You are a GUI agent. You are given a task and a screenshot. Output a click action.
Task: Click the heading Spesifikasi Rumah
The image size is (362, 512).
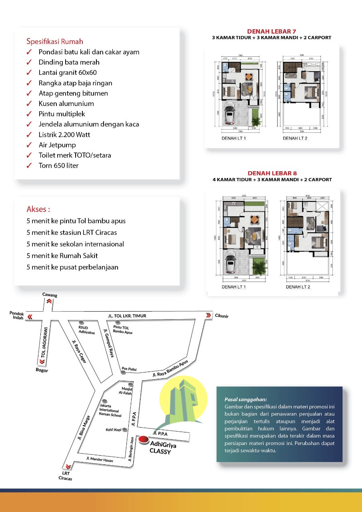point(55,41)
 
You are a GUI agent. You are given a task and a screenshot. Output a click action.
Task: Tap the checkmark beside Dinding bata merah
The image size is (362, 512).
point(29,62)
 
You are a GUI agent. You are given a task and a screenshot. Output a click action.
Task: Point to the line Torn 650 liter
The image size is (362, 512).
point(58,165)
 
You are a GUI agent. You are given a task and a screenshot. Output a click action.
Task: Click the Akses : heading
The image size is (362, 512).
point(38,209)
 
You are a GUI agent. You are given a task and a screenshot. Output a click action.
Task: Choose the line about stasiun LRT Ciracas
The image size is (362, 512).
point(72,232)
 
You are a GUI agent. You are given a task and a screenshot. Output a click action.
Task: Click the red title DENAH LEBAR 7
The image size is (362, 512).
point(272,31)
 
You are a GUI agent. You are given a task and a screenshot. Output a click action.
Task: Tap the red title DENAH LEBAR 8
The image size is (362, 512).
point(272,173)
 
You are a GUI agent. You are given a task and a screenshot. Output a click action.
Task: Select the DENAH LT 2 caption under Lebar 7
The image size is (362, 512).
point(295,138)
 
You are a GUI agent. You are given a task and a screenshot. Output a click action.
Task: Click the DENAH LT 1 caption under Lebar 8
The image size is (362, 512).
point(234,287)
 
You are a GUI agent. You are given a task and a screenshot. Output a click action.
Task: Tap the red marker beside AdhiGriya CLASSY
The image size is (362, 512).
point(143,440)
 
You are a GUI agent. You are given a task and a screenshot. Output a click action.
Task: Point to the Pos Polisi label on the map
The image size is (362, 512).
point(129,369)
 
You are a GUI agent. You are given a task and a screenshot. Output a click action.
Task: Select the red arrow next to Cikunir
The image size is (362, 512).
point(208,315)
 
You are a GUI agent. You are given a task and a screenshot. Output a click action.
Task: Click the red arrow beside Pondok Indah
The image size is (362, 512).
point(30,316)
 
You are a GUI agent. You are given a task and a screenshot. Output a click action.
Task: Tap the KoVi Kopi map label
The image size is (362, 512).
point(114,430)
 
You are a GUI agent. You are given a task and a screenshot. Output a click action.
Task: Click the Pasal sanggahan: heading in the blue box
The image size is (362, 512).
point(246,399)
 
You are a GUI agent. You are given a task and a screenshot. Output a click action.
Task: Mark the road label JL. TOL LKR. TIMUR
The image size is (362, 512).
point(127,316)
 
